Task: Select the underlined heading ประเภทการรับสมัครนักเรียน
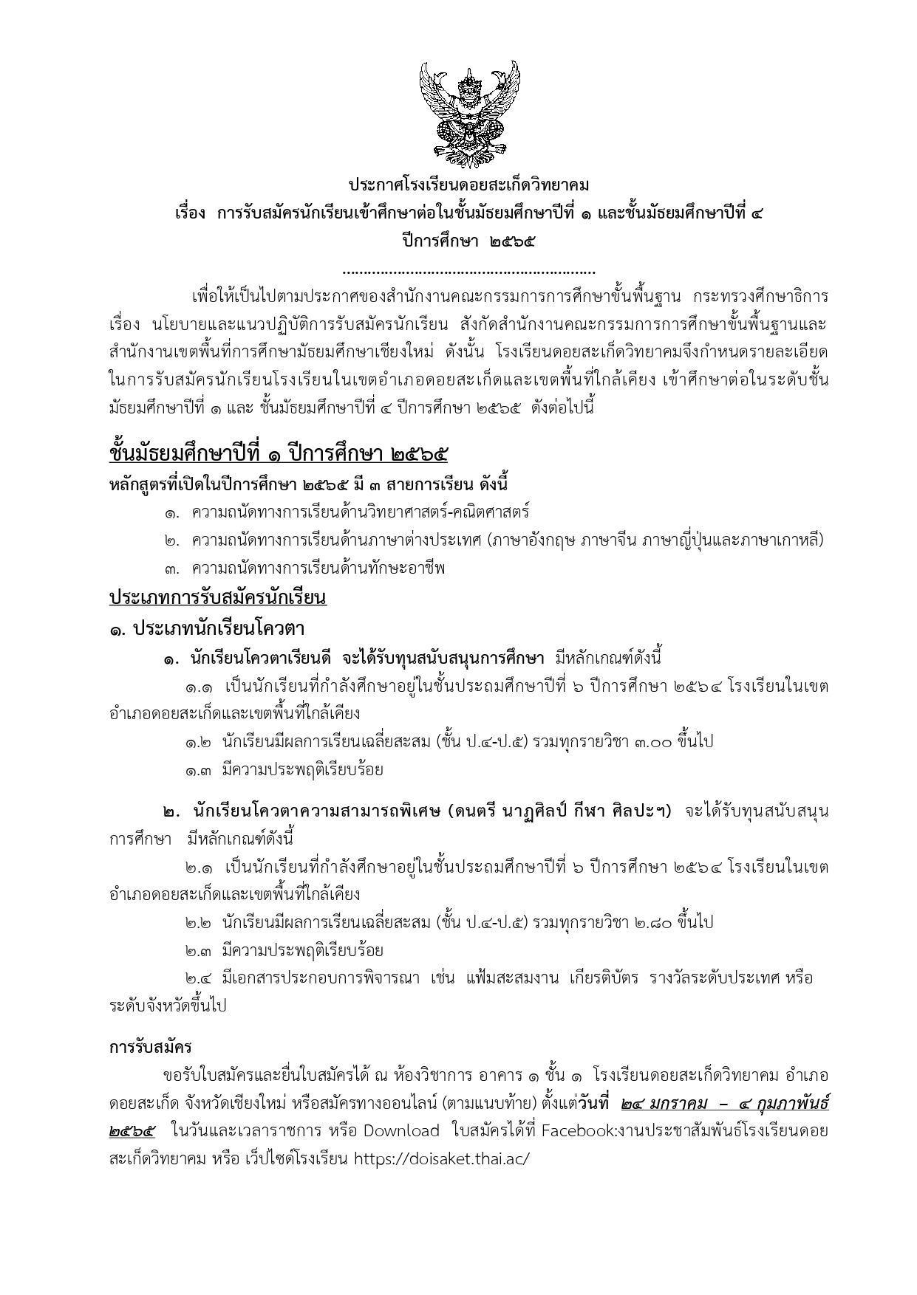pos(218,597)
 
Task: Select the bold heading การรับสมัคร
pos(151,1047)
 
